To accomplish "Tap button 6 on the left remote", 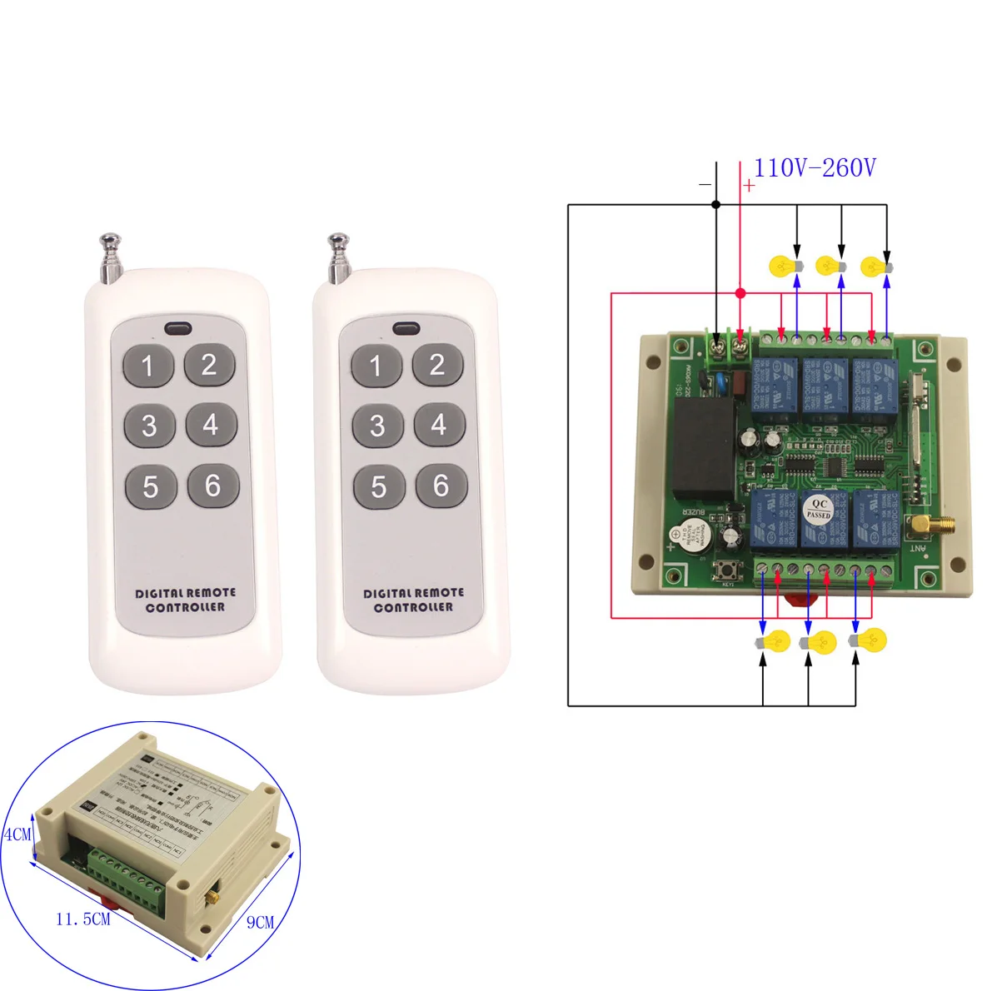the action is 212,486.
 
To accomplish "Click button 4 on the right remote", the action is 439,425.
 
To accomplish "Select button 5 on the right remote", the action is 379,486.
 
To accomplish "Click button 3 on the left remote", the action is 149,426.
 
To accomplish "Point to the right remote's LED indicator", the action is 405,328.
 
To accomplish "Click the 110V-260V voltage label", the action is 815,168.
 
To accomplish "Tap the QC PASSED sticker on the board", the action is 818,509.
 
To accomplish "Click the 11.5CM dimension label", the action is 82,919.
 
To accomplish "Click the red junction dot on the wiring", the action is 740,293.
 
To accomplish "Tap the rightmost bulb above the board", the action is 875,266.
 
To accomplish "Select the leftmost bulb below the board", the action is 773,642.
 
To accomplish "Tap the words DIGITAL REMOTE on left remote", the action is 185,593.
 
